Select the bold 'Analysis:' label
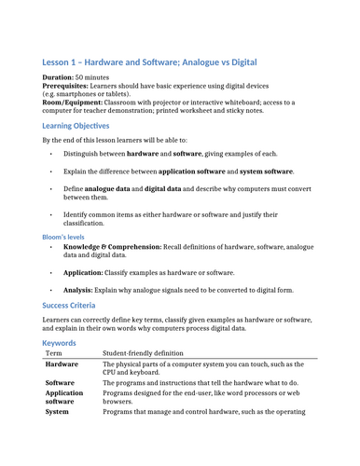(82, 291)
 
